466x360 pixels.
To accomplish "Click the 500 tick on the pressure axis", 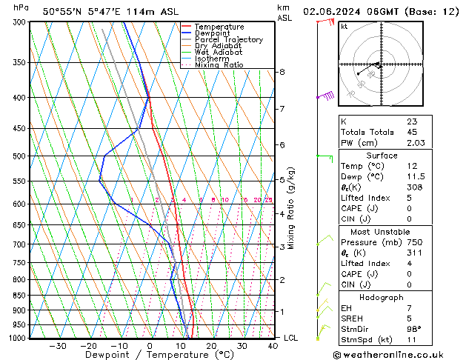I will point(18,156).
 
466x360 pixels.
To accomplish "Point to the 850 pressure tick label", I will point(18,295).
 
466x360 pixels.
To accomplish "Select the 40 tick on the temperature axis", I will point(273,345).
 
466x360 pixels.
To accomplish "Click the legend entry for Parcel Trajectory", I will point(228,39).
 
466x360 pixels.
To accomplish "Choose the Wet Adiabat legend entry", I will point(219,52).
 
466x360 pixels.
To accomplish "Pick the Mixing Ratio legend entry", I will point(219,65).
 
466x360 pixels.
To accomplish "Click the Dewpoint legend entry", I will point(215,33).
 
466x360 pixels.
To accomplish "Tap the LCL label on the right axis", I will point(292,338).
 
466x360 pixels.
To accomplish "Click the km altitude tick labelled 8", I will point(282,72).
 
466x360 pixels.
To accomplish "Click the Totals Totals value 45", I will point(412,133).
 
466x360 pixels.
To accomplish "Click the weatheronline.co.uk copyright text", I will point(398,354).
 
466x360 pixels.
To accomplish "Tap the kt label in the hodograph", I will point(344,26).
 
